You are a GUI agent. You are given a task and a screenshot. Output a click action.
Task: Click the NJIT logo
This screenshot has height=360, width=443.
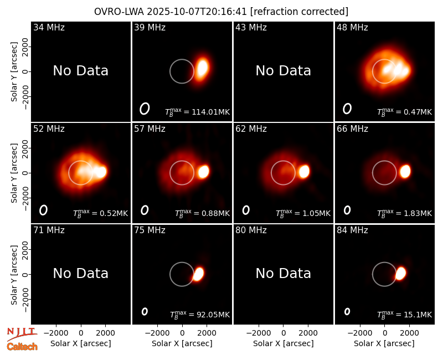click(x=22, y=334)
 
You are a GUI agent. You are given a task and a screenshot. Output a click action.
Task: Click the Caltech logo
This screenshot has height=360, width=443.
click(x=22, y=347)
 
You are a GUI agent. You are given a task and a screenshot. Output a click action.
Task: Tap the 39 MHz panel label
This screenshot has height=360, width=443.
click(x=150, y=27)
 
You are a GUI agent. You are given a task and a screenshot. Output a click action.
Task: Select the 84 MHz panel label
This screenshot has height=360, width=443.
click(x=352, y=230)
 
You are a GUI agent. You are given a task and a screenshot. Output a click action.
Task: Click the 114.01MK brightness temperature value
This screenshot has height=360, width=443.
click(x=211, y=112)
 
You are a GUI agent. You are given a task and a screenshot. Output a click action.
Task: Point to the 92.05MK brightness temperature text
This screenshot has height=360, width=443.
click(x=213, y=315)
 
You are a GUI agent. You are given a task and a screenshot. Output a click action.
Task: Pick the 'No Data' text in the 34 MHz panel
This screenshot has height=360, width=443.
click(x=81, y=71)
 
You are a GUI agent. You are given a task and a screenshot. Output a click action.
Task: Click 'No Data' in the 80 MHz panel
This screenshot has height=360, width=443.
click(x=284, y=274)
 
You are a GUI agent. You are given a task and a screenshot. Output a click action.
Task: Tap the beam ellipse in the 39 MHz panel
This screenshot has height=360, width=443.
click(x=145, y=109)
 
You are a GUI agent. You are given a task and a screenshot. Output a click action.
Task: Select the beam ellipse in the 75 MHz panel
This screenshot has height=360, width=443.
click(x=145, y=311)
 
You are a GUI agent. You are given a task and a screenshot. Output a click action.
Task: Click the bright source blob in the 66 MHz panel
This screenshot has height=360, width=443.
click(x=405, y=172)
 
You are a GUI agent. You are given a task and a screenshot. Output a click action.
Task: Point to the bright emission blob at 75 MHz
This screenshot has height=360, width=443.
click(x=198, y=274)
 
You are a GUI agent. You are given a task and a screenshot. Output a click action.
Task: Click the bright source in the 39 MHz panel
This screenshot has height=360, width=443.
click(x=203, y=68)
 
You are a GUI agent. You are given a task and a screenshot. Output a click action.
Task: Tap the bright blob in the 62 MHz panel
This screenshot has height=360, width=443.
click(x=304, y=172)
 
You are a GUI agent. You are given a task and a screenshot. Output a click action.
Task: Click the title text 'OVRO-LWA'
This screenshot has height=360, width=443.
click(x=119, y=12)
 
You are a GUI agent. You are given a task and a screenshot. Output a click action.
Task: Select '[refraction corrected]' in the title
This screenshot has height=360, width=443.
click(x=300, y=12)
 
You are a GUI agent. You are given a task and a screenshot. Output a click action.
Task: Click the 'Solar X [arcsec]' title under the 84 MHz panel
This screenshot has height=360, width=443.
click(x=384, y=343)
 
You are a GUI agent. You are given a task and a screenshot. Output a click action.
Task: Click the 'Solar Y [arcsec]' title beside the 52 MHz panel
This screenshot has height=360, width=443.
click(x=14, y=173)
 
